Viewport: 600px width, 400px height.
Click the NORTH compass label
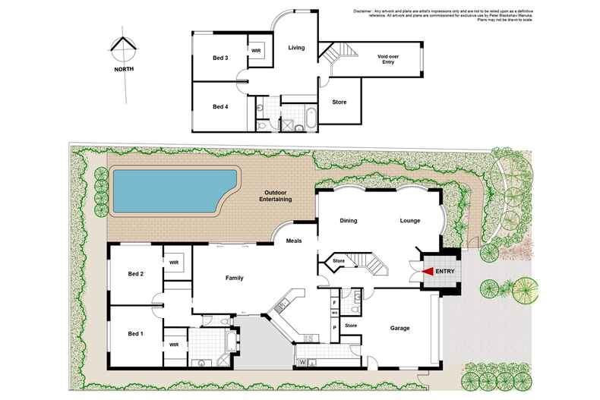(124, 68)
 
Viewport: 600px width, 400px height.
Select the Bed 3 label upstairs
(220, 58)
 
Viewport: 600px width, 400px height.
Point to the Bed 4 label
(220, 107)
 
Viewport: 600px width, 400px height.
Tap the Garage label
(400, 328)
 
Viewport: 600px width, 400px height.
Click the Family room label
(234, 279)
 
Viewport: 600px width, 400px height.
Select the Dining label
(348, 221)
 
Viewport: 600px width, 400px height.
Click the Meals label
(294, 241)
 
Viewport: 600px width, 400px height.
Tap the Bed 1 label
(136, 334)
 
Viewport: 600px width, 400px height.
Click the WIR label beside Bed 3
(256, 51)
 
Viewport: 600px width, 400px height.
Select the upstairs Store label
(339, 101)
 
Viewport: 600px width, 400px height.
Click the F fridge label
(334, 301)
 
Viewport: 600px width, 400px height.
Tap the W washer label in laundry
(302, 361)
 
